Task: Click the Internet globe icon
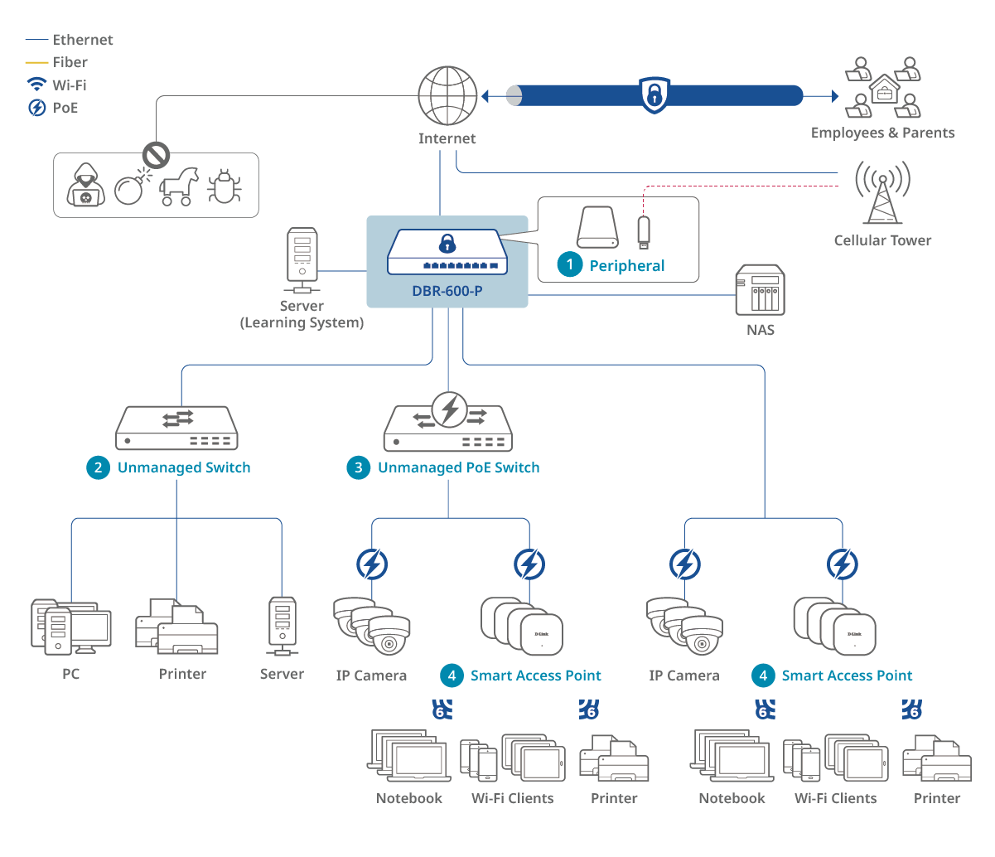tap(447, 96)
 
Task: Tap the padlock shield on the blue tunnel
tap(654, 94)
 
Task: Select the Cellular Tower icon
tap(882, 192)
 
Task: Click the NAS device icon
tap(760, 291)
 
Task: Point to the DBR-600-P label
tap(447, 292)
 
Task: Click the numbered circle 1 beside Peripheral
tap(569, 265)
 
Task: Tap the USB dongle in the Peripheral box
tap(643, 231)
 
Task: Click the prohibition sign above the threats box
tap(156, 154)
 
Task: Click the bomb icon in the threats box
tap(129, 189)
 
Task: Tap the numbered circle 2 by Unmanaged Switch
tap(98, 467)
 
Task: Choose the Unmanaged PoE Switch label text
tap(458, 467)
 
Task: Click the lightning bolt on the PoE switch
tap(450, 409)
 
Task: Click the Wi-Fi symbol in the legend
tap(36, 85)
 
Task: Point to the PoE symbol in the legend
tap(36, 108)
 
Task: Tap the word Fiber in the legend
tap(70, 62)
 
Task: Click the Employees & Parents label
tap(882, 133)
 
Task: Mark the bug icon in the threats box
tap(224, 186)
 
